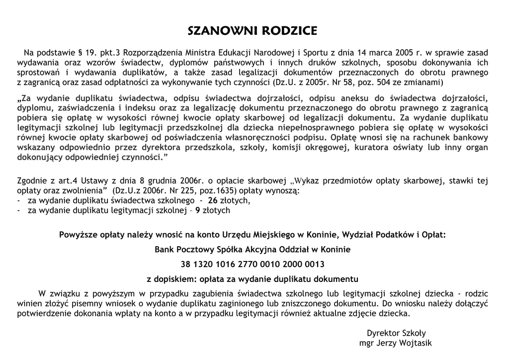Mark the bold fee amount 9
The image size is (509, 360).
[x=198, y=210]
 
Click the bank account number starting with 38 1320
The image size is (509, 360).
[x=253, y=264]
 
